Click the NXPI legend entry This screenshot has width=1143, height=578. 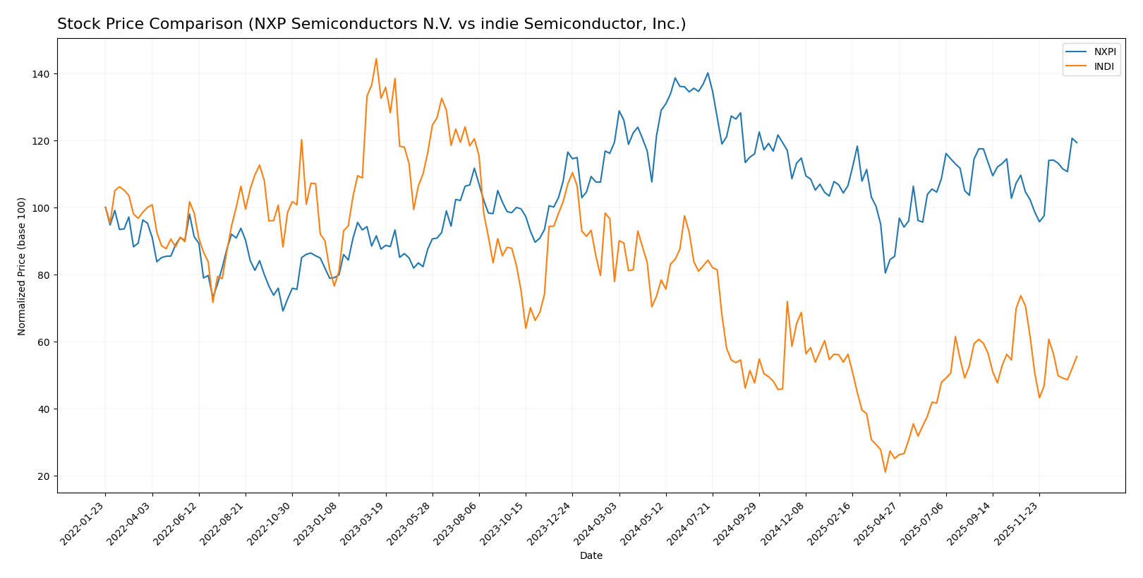click(1104, 52)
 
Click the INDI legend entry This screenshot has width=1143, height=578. click(1103, 67)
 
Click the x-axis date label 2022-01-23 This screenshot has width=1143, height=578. click(84, 523)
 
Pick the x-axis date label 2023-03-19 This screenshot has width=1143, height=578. click(364, 523)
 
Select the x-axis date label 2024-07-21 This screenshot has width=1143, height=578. click(691, 523)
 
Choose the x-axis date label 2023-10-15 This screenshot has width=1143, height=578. click(504, 523)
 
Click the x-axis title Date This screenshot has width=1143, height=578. click(591, 556)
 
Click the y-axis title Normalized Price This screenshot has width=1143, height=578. click(22, 266)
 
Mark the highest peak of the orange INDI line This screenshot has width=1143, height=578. click(376, 59)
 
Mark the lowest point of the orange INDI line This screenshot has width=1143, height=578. click(885, 472)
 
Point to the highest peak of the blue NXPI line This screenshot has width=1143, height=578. click(708, 73)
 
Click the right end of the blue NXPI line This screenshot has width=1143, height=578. click(1077, 143)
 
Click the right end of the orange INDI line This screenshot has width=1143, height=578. click(1077, 356)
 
